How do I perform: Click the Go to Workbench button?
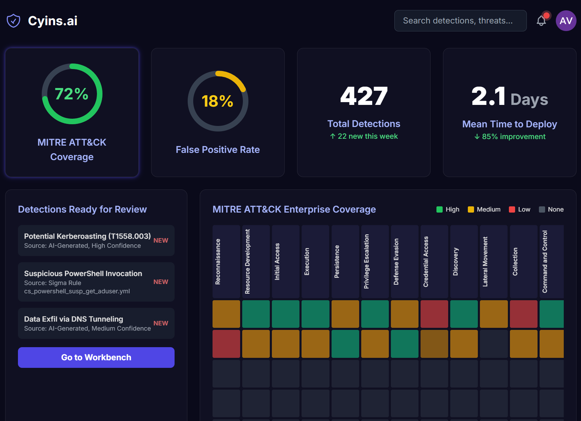point(96,357)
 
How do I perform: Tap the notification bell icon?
point(541,21)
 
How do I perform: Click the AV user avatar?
point(566,21)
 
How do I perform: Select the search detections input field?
point(460,21)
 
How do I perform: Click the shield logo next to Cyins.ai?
point(13,21)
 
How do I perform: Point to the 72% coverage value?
point(72,94)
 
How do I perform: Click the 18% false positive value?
point(217,101)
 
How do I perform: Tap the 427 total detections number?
point(364,96)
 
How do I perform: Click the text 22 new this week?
point(364,136)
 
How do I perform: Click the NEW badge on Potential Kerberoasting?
point(161,241)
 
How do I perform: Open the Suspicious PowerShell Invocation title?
point(83,274)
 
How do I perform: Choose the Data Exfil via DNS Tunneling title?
point(73,319)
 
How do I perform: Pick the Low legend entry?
point(520,209)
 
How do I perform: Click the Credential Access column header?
point(434,262)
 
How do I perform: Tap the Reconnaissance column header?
point(226,262)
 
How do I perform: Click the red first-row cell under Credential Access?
point(434,314)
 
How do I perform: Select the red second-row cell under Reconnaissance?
point(226,344)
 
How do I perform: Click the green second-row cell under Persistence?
point(345,344)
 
